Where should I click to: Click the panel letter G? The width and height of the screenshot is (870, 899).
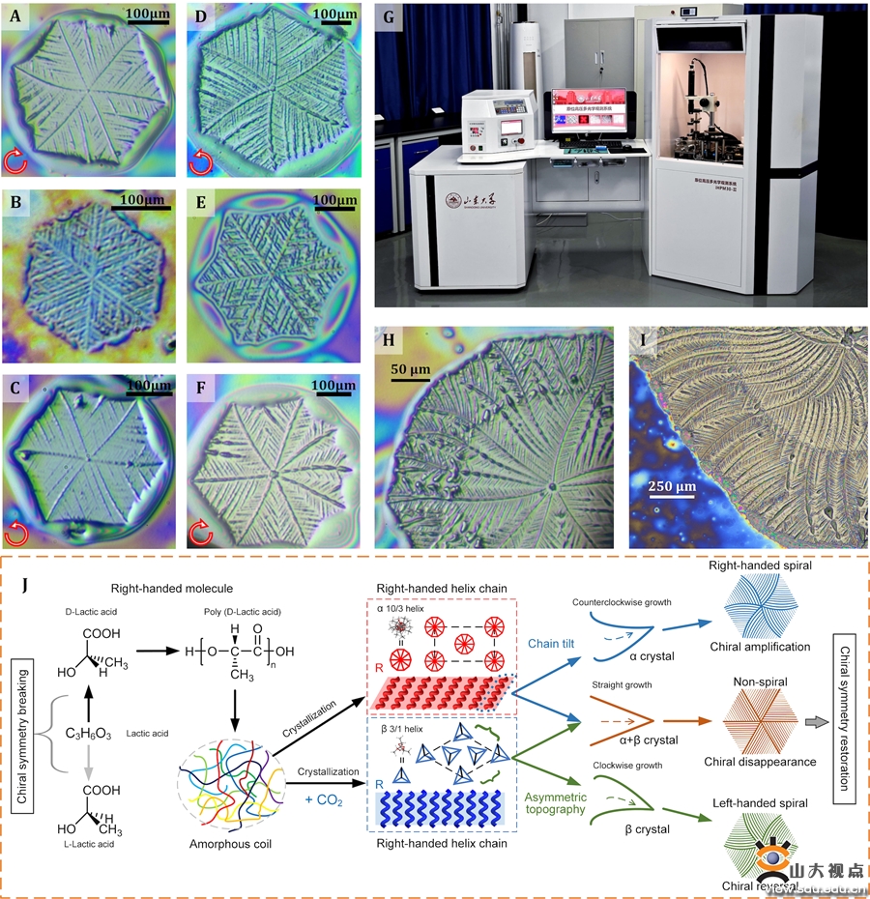coord(390,16)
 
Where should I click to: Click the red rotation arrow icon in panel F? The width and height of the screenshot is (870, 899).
coord(202,530)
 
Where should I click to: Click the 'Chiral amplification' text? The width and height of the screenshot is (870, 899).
coord(758,673)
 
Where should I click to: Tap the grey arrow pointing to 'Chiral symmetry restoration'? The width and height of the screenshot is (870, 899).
coord(818,720)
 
